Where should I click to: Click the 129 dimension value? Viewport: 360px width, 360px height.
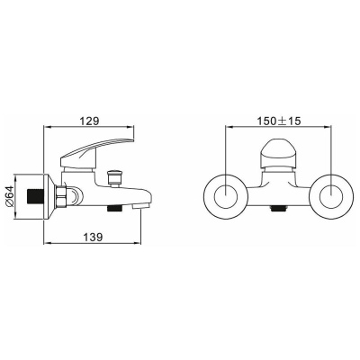88,118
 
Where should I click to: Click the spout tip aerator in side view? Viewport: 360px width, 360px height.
144,208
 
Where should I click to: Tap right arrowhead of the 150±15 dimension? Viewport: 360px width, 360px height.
332,129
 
